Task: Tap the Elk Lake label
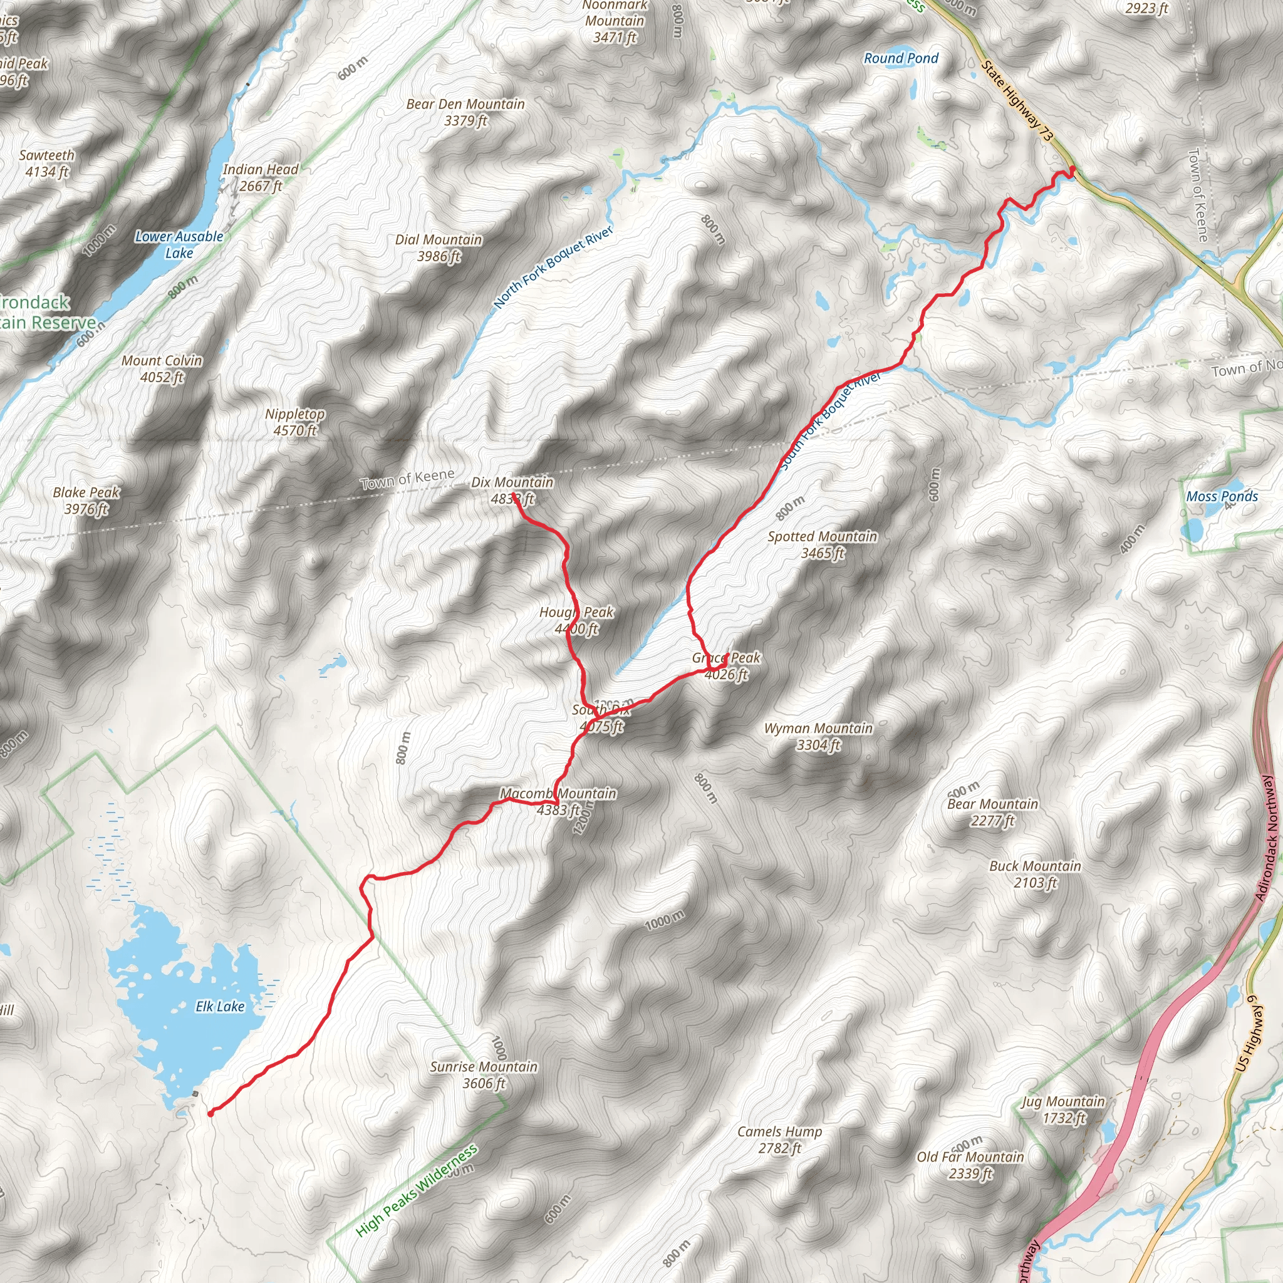220,1007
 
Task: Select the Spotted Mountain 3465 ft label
822,544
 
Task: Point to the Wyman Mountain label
818,737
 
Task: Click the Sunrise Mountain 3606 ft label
484,1075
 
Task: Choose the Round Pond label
900,58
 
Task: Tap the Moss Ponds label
1222,496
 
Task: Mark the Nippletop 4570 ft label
295,422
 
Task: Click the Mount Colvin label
162,368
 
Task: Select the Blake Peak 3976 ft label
86,500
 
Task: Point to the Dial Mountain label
439,247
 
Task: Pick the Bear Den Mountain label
465,112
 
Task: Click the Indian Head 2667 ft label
261,177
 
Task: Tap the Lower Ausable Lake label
179,244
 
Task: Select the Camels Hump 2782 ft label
779,1140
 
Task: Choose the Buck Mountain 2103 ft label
1035,874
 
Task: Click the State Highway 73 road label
1017,100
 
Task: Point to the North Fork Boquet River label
553,268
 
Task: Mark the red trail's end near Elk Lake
210,1114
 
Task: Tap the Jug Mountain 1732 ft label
1062,1109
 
